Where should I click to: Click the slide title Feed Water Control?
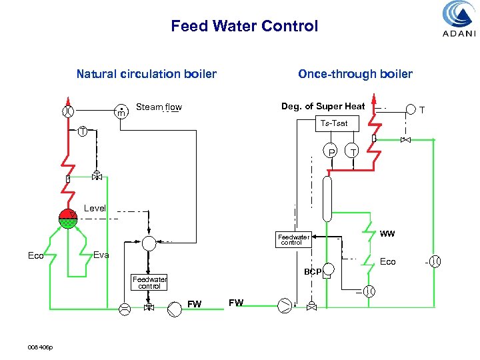coord(244,27)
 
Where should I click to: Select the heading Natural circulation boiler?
coord(146,74)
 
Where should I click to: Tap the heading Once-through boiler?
coord(355,74)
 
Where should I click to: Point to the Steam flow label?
coord(159,107)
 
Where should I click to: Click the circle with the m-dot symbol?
coord(121,111)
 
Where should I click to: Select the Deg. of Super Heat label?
coord(323,107)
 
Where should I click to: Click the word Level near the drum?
coord(95,208)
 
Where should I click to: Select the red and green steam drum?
coord(67,218)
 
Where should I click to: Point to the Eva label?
coord(101,255)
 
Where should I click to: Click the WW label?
coord(387,234)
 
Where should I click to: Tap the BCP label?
coord(312,272)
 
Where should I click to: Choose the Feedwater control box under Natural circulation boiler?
coord(149,283)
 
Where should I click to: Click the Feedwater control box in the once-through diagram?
coord(293,240)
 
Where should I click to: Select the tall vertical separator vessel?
coord(327,198)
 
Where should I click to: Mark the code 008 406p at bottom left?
coord(41,347)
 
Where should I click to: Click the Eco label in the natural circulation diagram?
coord(36,255)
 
